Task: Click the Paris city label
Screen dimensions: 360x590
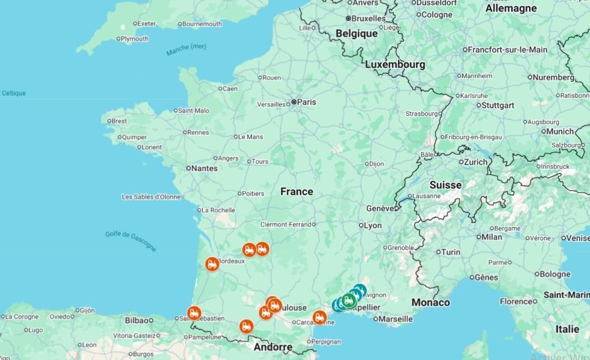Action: tap(306, 102)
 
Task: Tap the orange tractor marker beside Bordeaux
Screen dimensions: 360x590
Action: tap(212, 264)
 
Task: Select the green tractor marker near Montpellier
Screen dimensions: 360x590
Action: tap(348, 300)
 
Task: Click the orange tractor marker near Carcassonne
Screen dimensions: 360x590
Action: tap(319, 318)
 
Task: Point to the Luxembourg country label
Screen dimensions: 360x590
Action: tap(395, 64)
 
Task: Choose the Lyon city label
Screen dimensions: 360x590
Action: tap(373, 225)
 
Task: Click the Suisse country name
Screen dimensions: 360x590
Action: tap(445, 185)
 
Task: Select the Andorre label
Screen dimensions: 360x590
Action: tap(273, 347)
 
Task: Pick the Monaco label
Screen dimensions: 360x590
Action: tap(431, 303)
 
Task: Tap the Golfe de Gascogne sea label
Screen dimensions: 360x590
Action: tap(131, 240)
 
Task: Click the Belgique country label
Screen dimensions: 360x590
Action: tap(356, 34)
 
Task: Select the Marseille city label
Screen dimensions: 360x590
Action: tap(395, 319)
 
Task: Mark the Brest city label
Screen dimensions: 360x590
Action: tap(119, 121)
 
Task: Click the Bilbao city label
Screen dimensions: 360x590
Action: tap(137, 320)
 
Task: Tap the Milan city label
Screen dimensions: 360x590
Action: tap(491, 237)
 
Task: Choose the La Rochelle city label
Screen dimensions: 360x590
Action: tap(218, 210)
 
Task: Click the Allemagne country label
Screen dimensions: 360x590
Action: tap(511, 8)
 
